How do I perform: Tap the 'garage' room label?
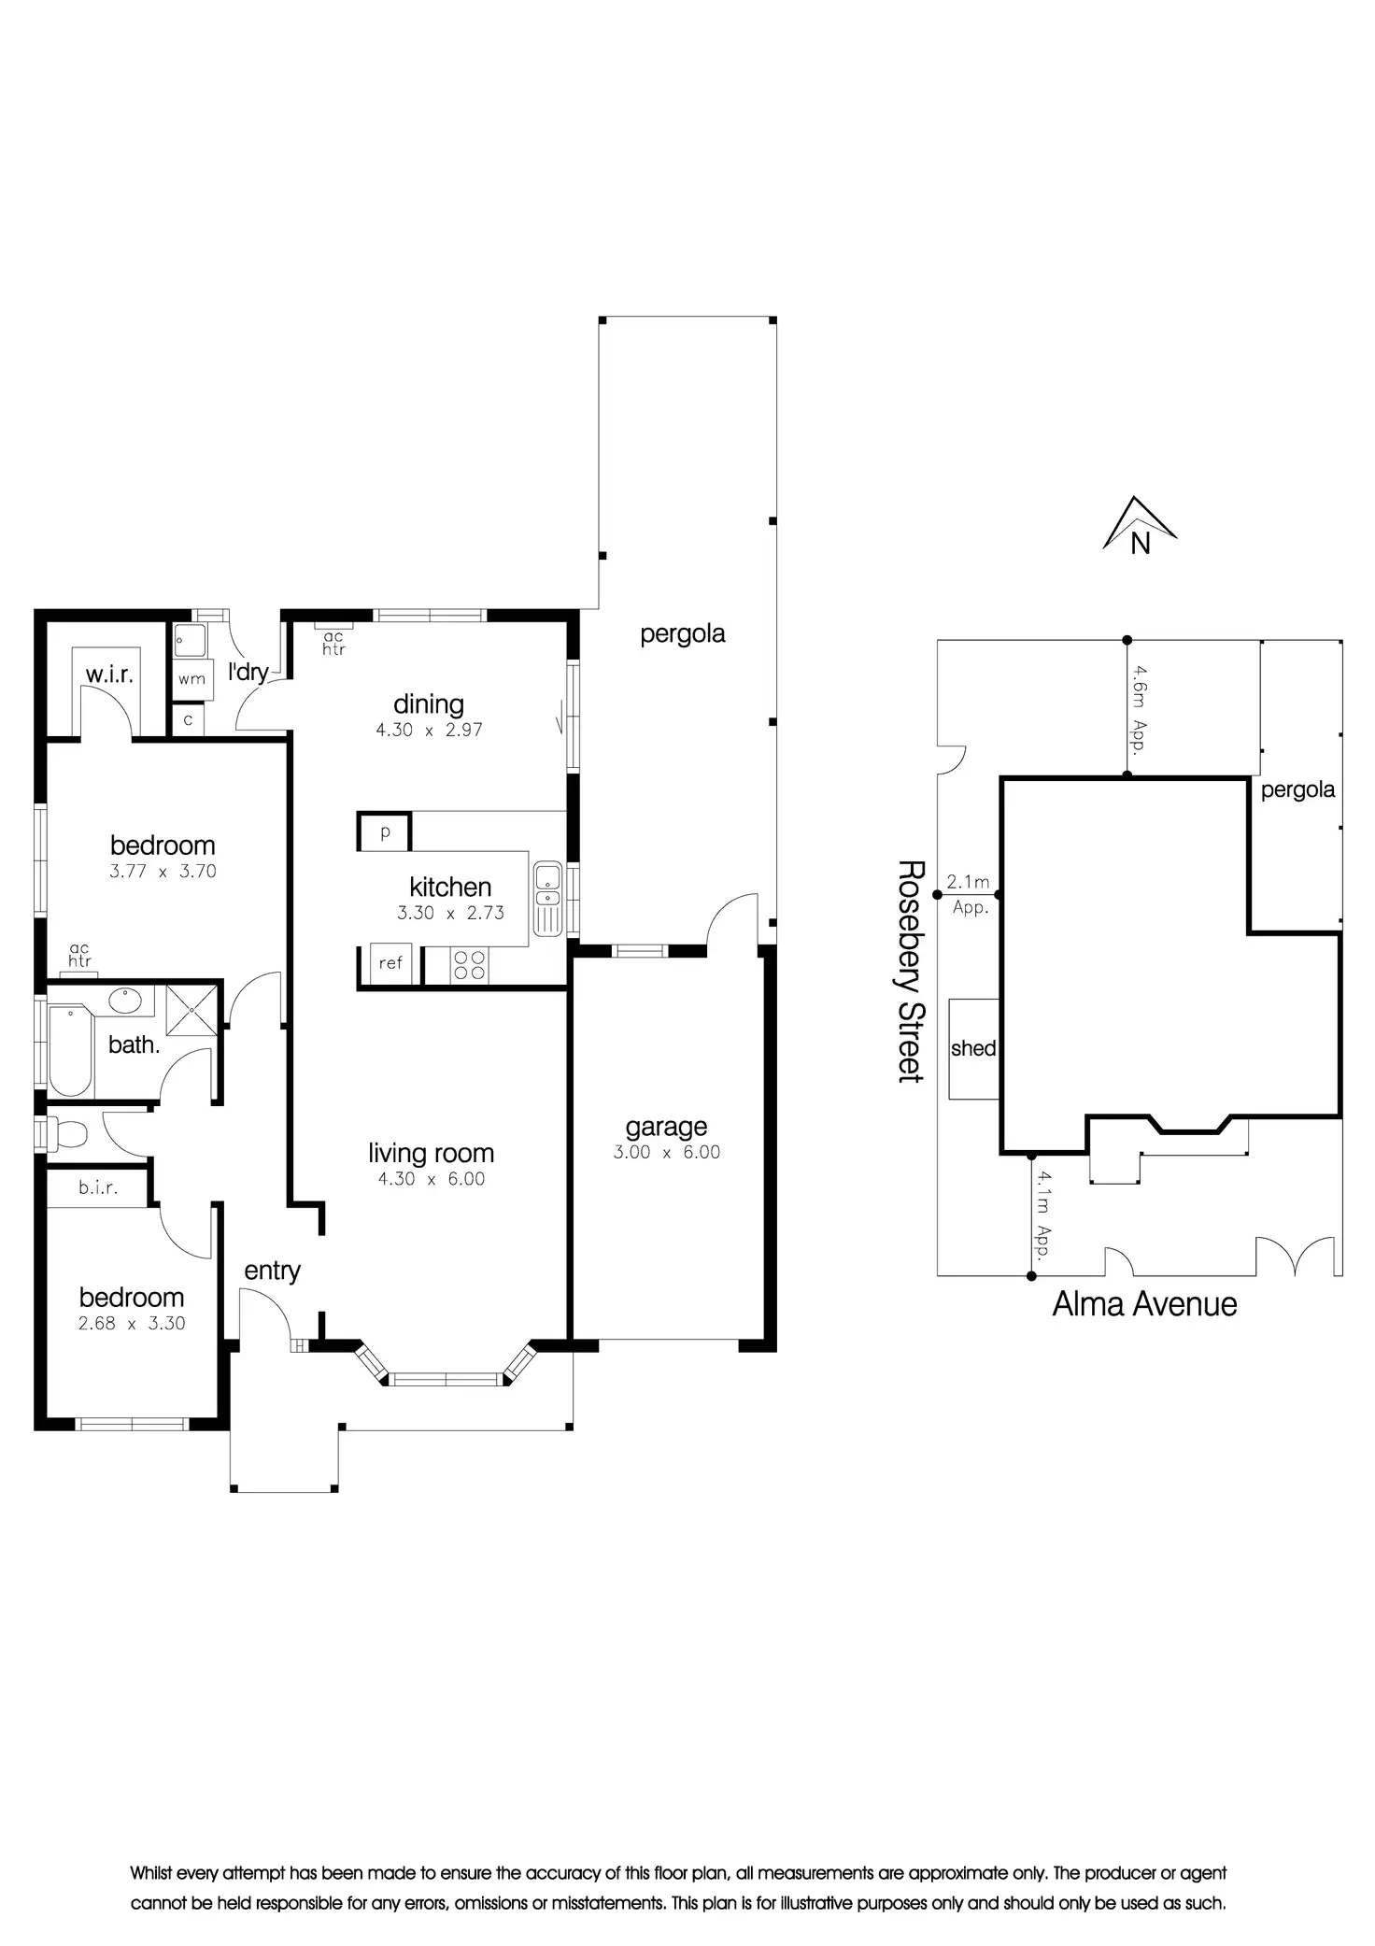(x=666, y=1127)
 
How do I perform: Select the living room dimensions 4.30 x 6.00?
(x=431, y=1179)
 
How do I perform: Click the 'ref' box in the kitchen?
(x=390, y=963)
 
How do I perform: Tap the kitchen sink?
(x=547, y=898)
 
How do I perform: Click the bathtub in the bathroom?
(x=70, y=1049)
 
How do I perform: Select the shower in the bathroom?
(x=191, y=1009)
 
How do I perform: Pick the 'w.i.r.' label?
(x=109, y=675)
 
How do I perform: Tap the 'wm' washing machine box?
(x=191, y=679)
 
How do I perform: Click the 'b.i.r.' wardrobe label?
(x=97, y=1187)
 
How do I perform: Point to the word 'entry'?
(x=272, y=1271)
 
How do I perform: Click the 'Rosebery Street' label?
(x=910, y=972)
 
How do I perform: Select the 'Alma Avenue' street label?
(x=1144, y=1304)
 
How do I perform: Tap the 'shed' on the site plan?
(x=973, y=1048)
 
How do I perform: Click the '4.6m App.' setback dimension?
(x=1139, y=708)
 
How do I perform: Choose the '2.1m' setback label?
(x=968, y=881)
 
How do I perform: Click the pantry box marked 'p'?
(x=385, y=831)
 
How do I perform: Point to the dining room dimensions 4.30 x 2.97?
(x=429, y=731)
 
